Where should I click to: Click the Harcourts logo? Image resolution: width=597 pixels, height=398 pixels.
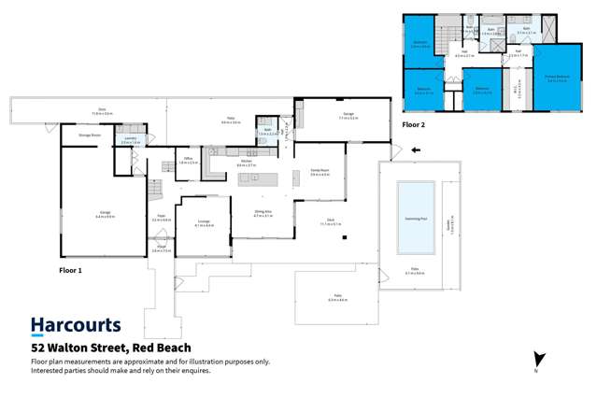click(x=76, y=325)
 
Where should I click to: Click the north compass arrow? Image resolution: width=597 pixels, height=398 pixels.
click(x=537, y=360)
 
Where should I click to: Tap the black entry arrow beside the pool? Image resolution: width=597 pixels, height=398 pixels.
click(x=416, y=149)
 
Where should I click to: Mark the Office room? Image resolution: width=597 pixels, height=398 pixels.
click(x=188, y=161)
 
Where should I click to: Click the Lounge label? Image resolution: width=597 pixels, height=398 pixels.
click(x=203, y=223)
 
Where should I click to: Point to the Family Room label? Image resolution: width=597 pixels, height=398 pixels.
click(x=320, y=172)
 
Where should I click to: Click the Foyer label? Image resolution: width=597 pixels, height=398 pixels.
click(x=161, y=219)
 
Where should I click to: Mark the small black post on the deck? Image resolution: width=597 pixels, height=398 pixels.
click(x=344, y=238)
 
